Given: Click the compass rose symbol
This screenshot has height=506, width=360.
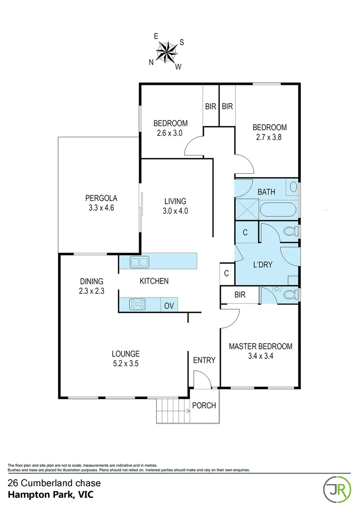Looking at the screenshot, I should point(166,51).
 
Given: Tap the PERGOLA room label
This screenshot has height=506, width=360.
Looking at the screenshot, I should point(101,198).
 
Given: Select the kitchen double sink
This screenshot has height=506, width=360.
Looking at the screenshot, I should point(139,262).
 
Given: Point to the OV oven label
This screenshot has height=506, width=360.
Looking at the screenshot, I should point(169,306).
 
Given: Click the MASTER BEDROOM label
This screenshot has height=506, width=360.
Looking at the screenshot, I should point(260,346).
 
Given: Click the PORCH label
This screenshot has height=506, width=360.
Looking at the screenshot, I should point(204,405).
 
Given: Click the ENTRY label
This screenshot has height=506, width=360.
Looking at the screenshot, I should point(204,360).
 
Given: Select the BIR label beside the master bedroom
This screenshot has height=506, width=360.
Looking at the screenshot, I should point(240,295).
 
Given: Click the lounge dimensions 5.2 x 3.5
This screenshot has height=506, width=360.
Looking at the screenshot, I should point(125,363).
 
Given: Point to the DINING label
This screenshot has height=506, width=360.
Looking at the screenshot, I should point(91,281).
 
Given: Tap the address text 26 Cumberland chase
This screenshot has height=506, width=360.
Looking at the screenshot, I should point(54,483).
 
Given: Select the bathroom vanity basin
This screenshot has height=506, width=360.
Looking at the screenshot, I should point(293,187).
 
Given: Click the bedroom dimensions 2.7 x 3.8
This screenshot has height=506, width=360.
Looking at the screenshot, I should point(270,137).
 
